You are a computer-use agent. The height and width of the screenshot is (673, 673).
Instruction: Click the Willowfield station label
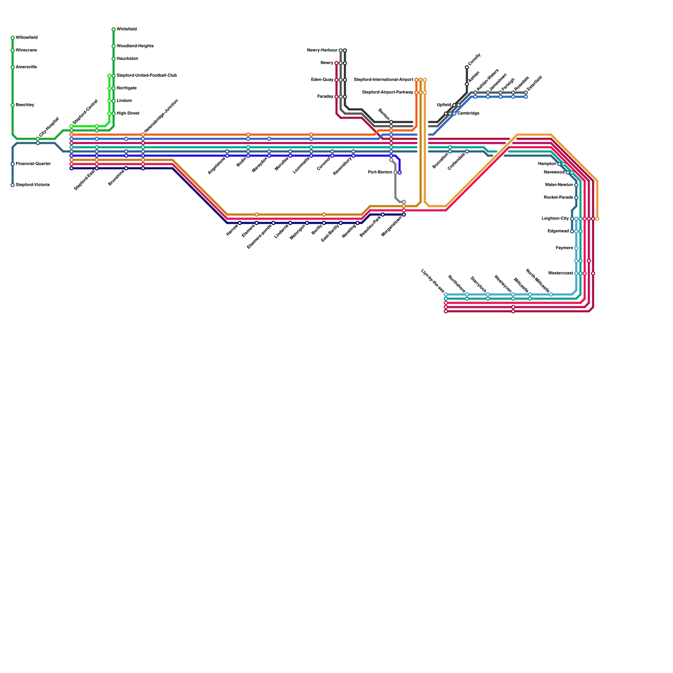point(26,38)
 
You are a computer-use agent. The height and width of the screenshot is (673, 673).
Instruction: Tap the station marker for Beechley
point(13,105)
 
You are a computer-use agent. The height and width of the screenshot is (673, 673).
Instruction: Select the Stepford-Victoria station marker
point(13,185)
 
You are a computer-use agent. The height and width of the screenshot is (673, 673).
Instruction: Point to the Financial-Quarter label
point(33,164)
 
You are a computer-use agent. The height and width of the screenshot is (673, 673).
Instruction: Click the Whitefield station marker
point(114,29)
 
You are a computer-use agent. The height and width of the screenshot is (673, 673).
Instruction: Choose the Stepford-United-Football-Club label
point(146,76)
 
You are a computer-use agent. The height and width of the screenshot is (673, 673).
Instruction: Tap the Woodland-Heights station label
point(135,46)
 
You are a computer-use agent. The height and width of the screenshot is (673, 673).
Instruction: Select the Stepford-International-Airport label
point(384,80)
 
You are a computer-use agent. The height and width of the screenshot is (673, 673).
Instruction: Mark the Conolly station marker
point(467,67)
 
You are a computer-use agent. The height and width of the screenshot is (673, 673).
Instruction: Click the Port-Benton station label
point(380,172)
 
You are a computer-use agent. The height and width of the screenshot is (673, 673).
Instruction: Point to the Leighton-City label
point(555,219)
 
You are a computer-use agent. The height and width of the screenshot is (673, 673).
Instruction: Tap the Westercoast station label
point(561,273)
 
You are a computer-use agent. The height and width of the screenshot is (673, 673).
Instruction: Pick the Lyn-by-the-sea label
point(432,281)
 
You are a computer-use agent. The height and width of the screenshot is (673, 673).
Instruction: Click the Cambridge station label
point(468,114)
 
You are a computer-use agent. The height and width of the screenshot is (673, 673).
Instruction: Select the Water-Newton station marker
point(576,185)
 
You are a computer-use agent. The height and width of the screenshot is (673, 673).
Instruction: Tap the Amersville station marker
point(13,67)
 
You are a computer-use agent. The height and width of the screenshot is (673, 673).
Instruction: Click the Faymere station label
point(564,248)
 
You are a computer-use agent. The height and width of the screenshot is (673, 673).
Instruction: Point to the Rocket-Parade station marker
point(576,198)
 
